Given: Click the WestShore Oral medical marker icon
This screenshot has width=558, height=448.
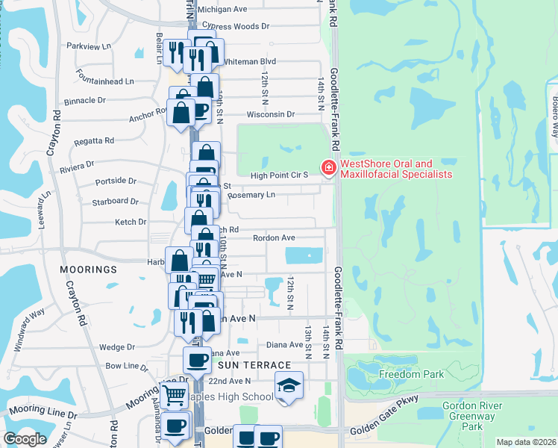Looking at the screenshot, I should [x=327, y=169].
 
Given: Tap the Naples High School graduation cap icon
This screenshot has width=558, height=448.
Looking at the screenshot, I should [x=289, y=385].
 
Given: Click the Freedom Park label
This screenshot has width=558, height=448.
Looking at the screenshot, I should [x=411, y=374].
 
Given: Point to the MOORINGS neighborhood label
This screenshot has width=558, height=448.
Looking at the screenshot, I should [x=91, y=269].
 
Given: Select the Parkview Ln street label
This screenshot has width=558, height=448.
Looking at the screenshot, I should [x=88, y=46].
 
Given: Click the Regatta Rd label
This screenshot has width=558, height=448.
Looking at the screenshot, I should [x=93, y=140].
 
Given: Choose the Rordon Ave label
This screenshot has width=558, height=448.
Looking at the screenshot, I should [x=274, y=238].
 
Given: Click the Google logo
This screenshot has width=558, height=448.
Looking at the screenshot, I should [x=25, y=439].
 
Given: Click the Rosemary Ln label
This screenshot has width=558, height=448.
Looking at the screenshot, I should [x=251, y=195].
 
